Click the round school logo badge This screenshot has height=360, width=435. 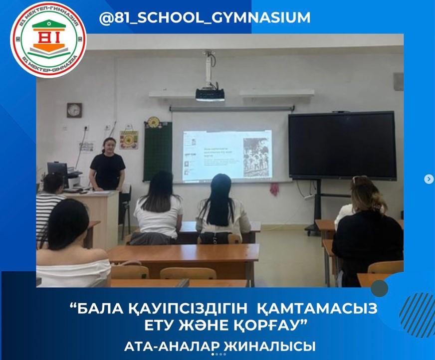click(x=48, y=39)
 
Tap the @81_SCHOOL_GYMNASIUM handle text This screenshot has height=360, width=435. click(x=205, y=17)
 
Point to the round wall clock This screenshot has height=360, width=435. click(x=74, y=110)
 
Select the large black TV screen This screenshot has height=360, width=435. click(x=342, y=145)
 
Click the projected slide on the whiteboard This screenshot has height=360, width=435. click(x=227, y=155)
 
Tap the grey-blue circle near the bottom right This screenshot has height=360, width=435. click(x=380, y=288)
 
